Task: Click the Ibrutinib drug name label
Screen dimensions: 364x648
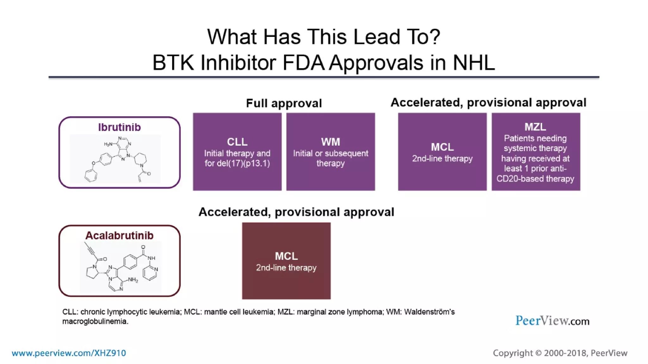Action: pyautogui.click(x=119, y=127)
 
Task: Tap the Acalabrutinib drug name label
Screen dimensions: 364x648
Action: pyautogui.click(x=119, y=235)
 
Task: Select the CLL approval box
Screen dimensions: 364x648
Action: pyautogui.click(x=237, y=152)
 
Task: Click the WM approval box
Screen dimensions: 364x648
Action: pyautogui.click(x=331, y=152)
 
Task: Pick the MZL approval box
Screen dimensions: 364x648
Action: pyautogui.click(x=536, y=152)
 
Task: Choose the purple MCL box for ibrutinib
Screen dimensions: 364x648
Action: pyautogui.click(x=442, y=152)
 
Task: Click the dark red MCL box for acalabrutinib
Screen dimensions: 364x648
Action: pyautogui.click(x=286, y=261)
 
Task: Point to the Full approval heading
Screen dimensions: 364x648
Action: pyautogui.click(x=284, y=103)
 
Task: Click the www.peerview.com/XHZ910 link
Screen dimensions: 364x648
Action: pyautogui.click(x=69, y=353)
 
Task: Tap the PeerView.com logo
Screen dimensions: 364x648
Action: pyautogui.click(x=552, y=321)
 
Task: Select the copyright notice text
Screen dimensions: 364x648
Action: pyautogui.click(x=560, y=353)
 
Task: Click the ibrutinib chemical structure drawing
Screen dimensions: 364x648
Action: pyautogui.click(x=115, y=159)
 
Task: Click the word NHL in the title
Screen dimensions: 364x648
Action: pyautogui.click(x=474, y=63)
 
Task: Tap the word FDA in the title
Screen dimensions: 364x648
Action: pyautogui.click(x=303, y=63)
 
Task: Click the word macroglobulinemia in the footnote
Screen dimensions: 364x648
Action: pyautogui.click(x=95, y=321)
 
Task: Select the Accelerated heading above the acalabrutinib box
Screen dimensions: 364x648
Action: pyautogui.click(x=296, y=212)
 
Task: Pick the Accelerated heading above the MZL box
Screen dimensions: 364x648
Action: pyautogui.click(x=488, y=103)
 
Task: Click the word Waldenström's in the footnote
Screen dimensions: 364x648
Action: pyautogui.click(x=429, y=312)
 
